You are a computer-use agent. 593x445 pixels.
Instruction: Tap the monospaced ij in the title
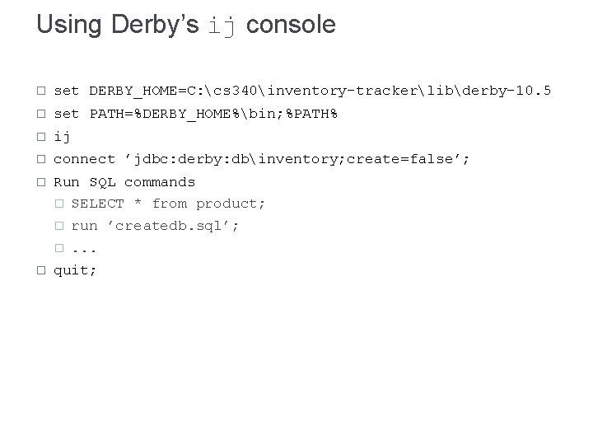[x=222, y=26]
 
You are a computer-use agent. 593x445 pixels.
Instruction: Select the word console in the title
[x=291, y=25]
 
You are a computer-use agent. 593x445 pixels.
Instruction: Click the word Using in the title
[x=69, y=25]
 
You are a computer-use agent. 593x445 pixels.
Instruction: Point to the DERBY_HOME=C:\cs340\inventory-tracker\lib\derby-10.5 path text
[x=320, y=91]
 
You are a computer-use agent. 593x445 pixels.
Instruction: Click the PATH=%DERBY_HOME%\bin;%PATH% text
[x=213, y=113]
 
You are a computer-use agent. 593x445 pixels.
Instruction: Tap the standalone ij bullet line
[x=62, y=136]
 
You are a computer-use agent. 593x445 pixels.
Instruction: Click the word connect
[x=84, y=159]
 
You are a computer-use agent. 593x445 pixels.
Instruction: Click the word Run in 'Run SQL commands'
[x=67, y=181]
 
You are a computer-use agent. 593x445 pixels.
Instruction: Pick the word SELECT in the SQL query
[x=97, y=203]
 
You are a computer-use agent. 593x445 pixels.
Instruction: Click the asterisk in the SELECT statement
[x=138, y=203]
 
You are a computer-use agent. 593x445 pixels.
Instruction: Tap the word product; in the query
[x=231, y=203]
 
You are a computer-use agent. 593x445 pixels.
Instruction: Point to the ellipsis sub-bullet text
[x=85, y=247]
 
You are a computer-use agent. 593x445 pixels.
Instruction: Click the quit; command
[x=75, y=269]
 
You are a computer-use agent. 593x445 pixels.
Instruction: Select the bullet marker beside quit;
[x=41, y=269]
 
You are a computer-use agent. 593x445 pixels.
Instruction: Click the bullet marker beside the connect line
[x=41, y=159]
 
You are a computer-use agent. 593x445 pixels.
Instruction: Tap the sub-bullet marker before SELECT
[x=59, y=204]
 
